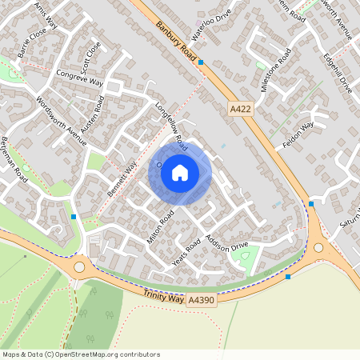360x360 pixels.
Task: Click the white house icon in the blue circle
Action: tap(180, 173)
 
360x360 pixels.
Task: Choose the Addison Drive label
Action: tap(230, 248)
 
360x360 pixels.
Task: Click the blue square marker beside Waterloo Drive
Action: tap(201, 62)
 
